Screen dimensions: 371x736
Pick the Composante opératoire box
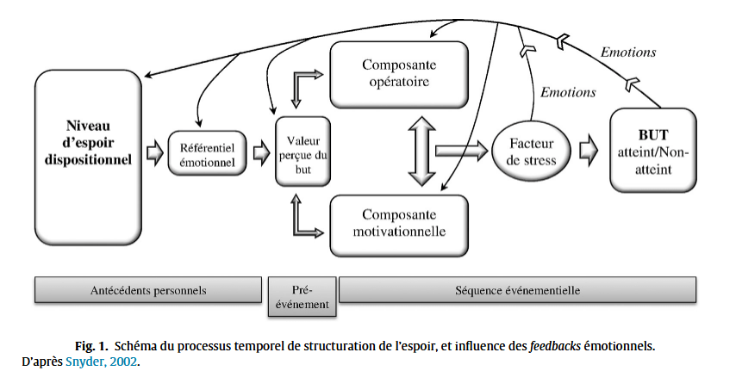(399, 72)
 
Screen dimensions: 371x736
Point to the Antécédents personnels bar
(148, 290)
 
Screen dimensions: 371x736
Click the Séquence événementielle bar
(517, 290)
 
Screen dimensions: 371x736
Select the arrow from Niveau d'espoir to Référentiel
(154, 152)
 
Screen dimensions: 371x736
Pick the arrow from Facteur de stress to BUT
(589, 149)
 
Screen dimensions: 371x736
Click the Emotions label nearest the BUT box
(628, 53)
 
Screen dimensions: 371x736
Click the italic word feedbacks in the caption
(554, 346)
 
